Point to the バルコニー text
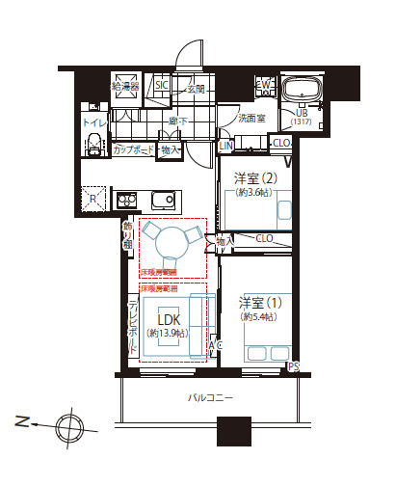pyautogui.click(x=210, y=397)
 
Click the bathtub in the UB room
pyautogui.click(x=306, y=94)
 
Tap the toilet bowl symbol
pyautogui.click(x=94, y=145)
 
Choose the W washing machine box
pyautogui.click(x=265, y=87)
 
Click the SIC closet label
pyautogui.click(x=162, y=86)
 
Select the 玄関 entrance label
pyautogui.click(x=196, y=88)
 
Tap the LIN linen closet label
pyautogui.click(x=226, y=146)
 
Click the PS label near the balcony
pyautogui.click(x=293, y=367)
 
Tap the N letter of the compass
pyautogui.click(x=21, y=420)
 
